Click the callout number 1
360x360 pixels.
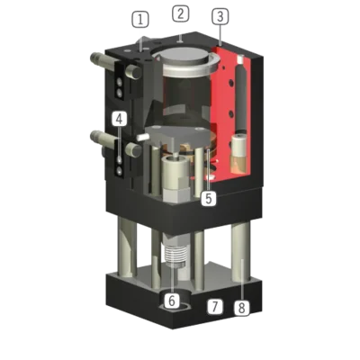pos(140,20)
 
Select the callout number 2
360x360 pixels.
pos(181,13)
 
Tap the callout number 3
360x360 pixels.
pos(220,16)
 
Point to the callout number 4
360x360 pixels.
pos(120,119)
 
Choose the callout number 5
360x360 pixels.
pos(209,198)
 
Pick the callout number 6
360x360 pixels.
pos(172,301)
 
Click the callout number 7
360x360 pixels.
pos(215,307)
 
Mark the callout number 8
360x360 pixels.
pos(241,308)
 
